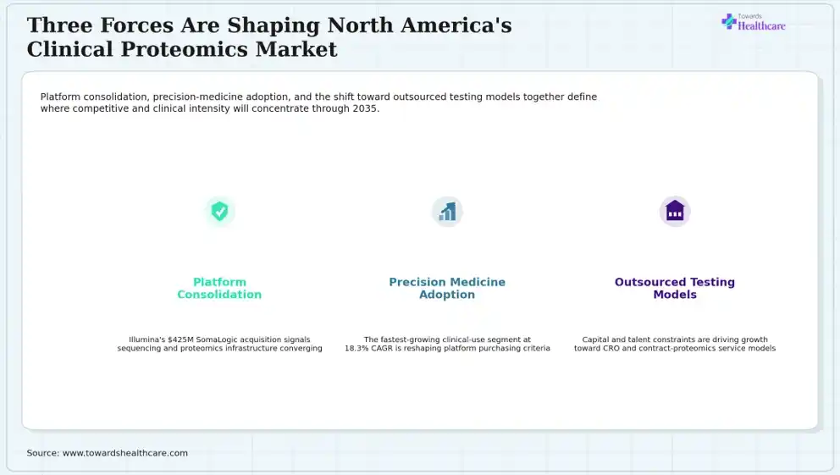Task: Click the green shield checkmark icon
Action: tap(219, 211)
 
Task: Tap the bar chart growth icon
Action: tap(447, 212)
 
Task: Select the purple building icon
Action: tap(675, 211)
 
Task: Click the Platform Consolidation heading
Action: tap(219, 288)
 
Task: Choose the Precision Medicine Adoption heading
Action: tap(447, 288)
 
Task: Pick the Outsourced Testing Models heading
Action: tap(675, 288)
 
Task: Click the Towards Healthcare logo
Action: tap(754, 22)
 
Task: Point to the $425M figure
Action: tap(180, 340)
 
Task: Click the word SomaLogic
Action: tap(217, 340)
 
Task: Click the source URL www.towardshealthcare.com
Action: tap(125, 453)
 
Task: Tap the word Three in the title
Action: tap(59, 25)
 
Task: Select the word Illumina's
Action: tap(146, 340)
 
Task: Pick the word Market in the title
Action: tap(296, 49)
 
